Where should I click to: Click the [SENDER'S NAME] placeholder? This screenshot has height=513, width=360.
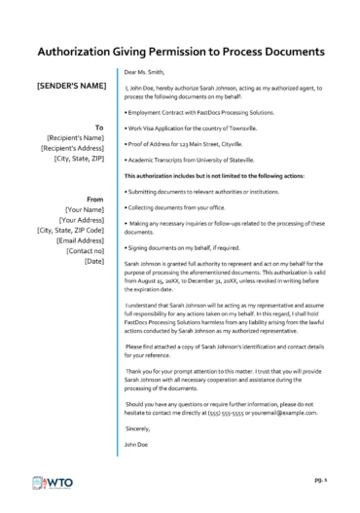coord(71,87)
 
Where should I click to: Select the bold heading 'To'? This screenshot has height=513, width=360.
coord(98,127)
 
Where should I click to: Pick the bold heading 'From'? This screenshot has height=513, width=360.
coord(95,199)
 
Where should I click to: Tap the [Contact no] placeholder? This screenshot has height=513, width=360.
coord(86,251)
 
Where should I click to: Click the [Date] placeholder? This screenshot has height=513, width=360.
coord(94,262)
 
